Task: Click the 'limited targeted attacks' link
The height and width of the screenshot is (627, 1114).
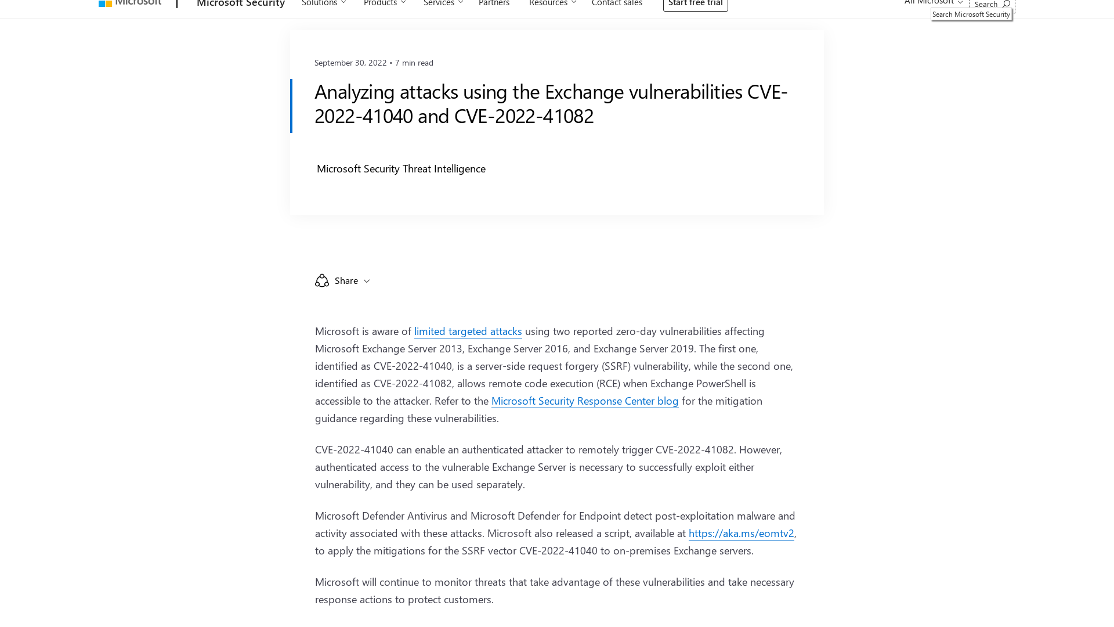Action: (x=468, y=331)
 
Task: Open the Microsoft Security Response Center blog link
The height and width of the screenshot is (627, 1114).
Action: (x=584, y=401)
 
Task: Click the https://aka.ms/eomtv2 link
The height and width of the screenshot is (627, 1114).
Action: (x=741, y=534)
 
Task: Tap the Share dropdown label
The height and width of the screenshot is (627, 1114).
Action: (x=346, y=281)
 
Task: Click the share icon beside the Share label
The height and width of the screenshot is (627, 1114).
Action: (x=322, y=281)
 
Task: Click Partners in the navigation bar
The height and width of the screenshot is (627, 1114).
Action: (x=494, y=3)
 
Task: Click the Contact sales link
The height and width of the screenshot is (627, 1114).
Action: (x=617, y=3)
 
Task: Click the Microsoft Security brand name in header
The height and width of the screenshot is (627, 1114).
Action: (x=241, y=4)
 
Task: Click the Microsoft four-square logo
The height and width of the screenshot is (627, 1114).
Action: (x=105, y=3)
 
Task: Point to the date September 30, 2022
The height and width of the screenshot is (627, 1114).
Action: (x=350, y=63)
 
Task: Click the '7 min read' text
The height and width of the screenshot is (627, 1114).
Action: (x=414, y=63)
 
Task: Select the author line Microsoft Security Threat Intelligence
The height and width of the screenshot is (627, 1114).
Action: (x=401, y=169)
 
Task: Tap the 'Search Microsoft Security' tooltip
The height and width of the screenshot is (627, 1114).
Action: (x=971, y=15)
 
